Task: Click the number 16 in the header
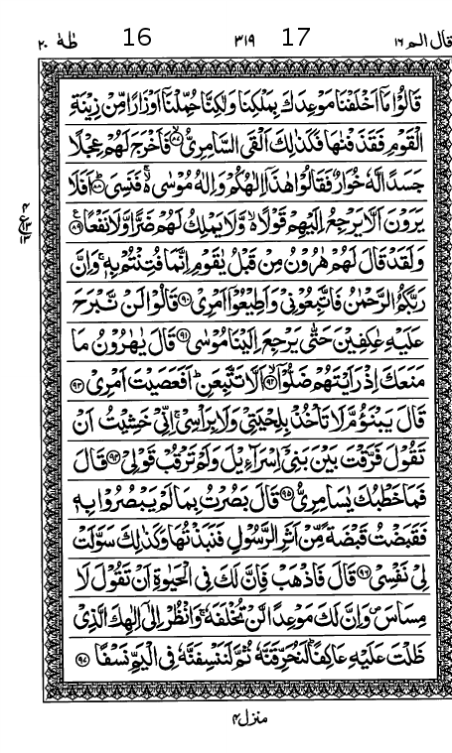click(x=137, y=39)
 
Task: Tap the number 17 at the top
click(x=296, y=39)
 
